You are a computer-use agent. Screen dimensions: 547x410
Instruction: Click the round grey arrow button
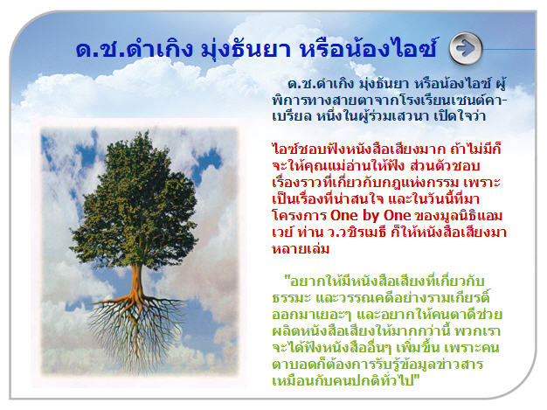pos(466,48)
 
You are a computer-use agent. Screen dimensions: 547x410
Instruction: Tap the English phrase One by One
pos(370,215)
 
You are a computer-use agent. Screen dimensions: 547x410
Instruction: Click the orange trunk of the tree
pos(137,282)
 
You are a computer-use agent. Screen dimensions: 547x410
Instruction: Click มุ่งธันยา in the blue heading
pos(246,49)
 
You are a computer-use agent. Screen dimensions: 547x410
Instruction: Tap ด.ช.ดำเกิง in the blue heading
pos(135,49)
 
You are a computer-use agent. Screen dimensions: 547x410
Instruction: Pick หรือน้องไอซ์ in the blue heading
pos(368,48)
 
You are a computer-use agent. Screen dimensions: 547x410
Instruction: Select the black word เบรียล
pos(292,116)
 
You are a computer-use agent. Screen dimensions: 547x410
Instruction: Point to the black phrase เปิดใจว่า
pos(460,115)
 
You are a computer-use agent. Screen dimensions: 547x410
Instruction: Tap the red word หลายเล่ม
pos(301,248)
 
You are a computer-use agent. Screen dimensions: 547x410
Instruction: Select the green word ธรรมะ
pos(292,298)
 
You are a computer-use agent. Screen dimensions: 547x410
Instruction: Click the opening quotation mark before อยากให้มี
pos(287,279)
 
